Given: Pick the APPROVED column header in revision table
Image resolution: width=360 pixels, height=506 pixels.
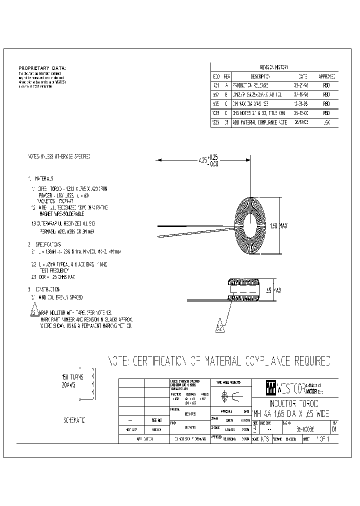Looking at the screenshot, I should [326, 76].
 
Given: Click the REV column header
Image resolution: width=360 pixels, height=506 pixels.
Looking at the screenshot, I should [226, 76].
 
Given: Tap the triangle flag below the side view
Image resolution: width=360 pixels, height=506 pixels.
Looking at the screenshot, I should [219, 326].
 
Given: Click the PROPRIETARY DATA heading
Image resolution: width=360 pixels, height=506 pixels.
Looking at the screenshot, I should [42, 68].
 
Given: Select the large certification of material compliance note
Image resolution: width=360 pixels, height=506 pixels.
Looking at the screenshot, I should [219, 360].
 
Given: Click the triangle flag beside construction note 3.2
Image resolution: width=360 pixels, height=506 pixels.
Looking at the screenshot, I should [33, 309].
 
